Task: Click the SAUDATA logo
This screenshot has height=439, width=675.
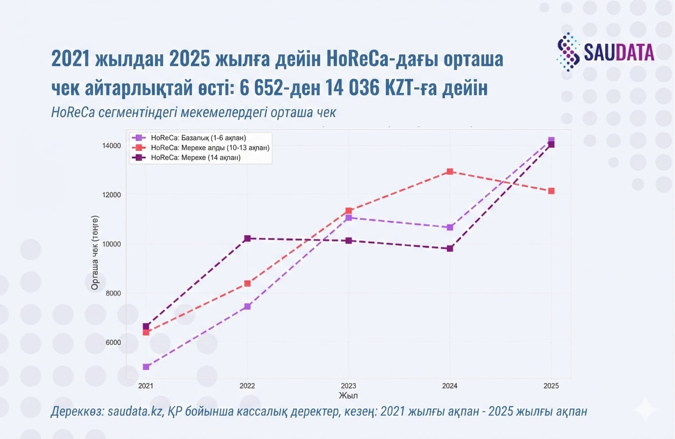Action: coord(606,51)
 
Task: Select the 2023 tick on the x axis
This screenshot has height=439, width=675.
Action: coord(348,386)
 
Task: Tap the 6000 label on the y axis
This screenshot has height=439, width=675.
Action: coord(112,342)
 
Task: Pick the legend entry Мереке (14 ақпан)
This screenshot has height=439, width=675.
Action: coord(196,157)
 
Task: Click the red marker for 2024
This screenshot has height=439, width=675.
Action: coord(450,171)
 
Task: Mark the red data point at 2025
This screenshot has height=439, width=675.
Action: coord(551,191)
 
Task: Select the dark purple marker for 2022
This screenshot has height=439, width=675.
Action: coord(247,238)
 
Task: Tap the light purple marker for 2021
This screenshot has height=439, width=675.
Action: coord(146,367)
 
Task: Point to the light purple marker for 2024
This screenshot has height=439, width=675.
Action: coord(450,227)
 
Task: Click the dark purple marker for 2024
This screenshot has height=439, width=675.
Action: coord(450,248)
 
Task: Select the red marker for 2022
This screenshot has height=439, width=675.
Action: coord(247,283)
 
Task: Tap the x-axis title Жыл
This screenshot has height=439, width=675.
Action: coord(348,395)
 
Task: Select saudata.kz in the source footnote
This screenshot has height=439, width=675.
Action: coord(136,412)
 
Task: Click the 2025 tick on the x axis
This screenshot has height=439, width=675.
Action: coord(551,386)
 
